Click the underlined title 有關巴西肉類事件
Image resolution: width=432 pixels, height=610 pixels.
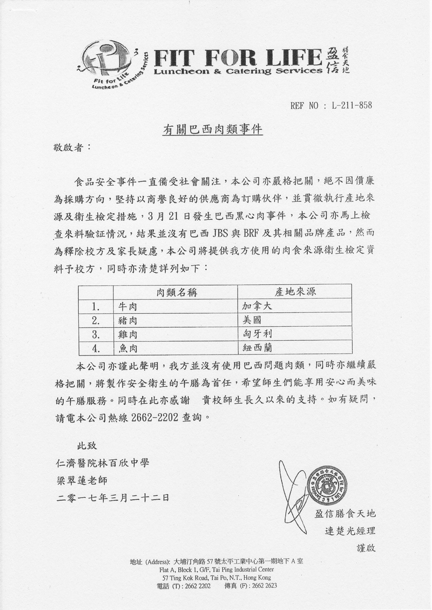(x=212, y=130)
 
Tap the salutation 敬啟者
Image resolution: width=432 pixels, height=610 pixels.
(x=69, y=147)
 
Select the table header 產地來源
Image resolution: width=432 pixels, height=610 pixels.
(x=295, y=292)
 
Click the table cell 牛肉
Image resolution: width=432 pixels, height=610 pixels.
(x=128, y=306)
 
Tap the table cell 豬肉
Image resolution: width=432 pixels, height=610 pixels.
(x=128, y=319)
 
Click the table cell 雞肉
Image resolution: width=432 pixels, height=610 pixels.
(x=128, y=333)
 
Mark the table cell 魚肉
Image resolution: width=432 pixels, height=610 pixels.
(x=128, y=346)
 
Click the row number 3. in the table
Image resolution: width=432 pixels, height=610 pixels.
(x=98, y=333)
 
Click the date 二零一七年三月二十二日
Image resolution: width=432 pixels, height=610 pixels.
(x=113, y=497)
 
